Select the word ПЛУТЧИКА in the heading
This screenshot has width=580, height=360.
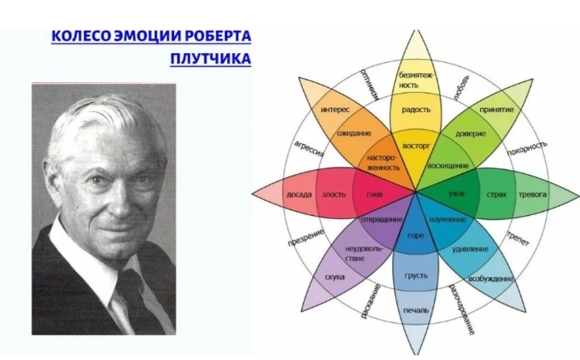point(211,59)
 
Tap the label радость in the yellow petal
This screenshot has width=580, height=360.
point(416,110)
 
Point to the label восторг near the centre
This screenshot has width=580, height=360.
point(416,148)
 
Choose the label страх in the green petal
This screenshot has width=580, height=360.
point(496,195)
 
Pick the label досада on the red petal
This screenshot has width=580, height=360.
point(298,195)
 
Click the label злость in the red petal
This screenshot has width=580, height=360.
point(333,195)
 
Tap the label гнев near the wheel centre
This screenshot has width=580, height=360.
point(373,195)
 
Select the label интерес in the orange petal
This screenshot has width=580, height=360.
point(334,109)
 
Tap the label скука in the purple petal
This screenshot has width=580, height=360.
point(334,277)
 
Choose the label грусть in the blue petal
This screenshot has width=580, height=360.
point(416,275)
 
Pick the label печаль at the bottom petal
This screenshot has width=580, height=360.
point(416,309)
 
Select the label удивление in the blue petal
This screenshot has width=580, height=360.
point(471,249)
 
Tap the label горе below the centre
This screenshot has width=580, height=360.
point(416,235)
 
